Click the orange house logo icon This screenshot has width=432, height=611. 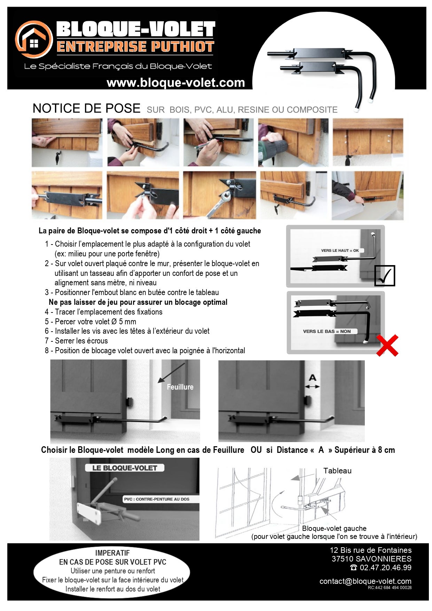pyautogui.click(x=34, y=39)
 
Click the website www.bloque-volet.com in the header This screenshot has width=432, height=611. pyautogui.click(x=176, y=83)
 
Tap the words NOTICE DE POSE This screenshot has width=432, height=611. pyautogui.click(x=86, y=108)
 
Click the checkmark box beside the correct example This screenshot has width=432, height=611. pyautogui.click(x=384, y=276)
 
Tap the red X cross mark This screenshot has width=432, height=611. pyautogui.click(x=387, y=345)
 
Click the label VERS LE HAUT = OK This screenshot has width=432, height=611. pyautogui.click(x=340, y=250)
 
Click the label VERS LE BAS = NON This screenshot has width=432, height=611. pyautogui.click(x=327, y=331)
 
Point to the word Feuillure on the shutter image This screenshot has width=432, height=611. pyautogui.click(x=180, y=387)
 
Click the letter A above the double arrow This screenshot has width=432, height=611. pyautogui.click(x=313, y=378)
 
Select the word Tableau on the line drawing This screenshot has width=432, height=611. pyautogui.click(x=337, y=471)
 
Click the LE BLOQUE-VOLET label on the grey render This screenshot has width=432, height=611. pyautogui.click(x=125, y=468)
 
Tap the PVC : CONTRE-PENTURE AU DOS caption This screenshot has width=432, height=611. pyautogui.click(x=157, y=499)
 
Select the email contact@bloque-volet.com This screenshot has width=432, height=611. pyautogui.click(x=365, y=581)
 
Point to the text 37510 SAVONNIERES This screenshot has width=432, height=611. pyautogui.click(x=371, y=559)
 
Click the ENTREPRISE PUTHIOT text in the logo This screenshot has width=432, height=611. pyautogui.click(x=135, y=47)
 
